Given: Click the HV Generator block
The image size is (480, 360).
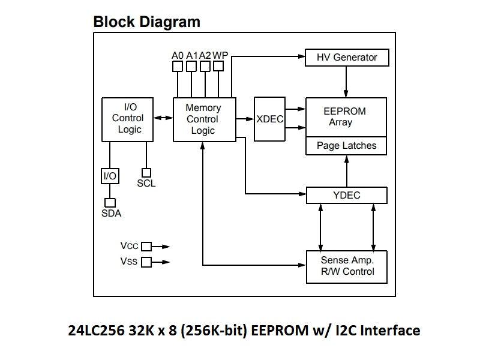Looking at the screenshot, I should pos(347,58).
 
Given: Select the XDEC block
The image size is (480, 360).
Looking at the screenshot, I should pos(269,119).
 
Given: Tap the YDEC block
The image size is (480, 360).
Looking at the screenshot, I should pos(346,195).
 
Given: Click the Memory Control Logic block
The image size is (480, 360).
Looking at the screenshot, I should pos(203,119).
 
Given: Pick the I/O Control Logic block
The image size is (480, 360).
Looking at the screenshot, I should pos(127,119).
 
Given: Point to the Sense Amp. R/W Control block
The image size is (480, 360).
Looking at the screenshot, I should pos(346,266).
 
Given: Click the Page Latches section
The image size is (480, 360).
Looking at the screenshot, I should pos(346,146).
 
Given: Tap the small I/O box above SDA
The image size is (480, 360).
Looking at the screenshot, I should pos(110,176).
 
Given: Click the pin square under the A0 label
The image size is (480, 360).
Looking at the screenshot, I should pos(177,67).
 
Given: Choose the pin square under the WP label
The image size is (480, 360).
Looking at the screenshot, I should pos(220,67).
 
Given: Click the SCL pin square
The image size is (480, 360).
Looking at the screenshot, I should pos(146,173).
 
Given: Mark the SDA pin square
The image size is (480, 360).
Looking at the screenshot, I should pos(110,203).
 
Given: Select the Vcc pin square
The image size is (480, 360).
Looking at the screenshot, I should pos(146,246).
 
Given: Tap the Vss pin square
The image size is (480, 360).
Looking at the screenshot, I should pos(146,262).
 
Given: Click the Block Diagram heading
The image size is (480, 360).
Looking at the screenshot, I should pos(146,22).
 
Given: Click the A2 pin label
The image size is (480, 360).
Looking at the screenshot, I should pos(205,55).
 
